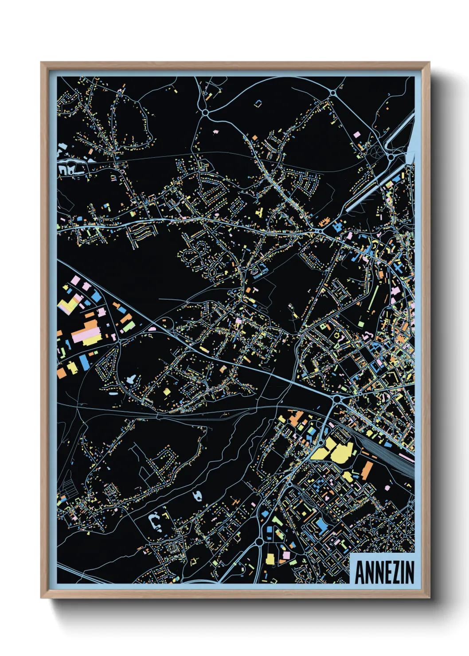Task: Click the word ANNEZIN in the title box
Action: point(384,572)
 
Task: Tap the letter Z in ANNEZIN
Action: point(394,572)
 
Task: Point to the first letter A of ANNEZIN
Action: point(360,572)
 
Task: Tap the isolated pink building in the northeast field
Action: point(357,134)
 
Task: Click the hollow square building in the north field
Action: point(258,103)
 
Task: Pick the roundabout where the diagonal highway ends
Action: point(337,399)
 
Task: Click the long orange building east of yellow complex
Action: point(367,470)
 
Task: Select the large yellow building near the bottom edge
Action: point(270,559)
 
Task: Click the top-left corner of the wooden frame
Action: point(41,62)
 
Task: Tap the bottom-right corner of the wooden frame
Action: point(429,597)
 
